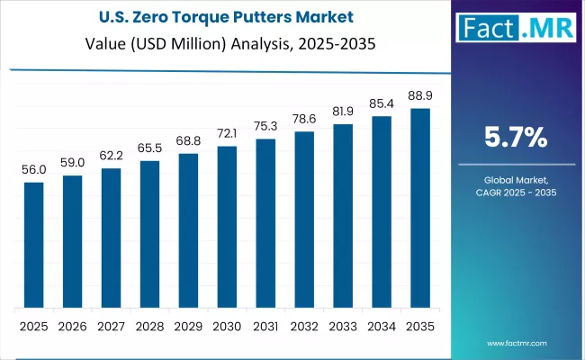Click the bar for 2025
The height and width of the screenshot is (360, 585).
coord(33,245)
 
